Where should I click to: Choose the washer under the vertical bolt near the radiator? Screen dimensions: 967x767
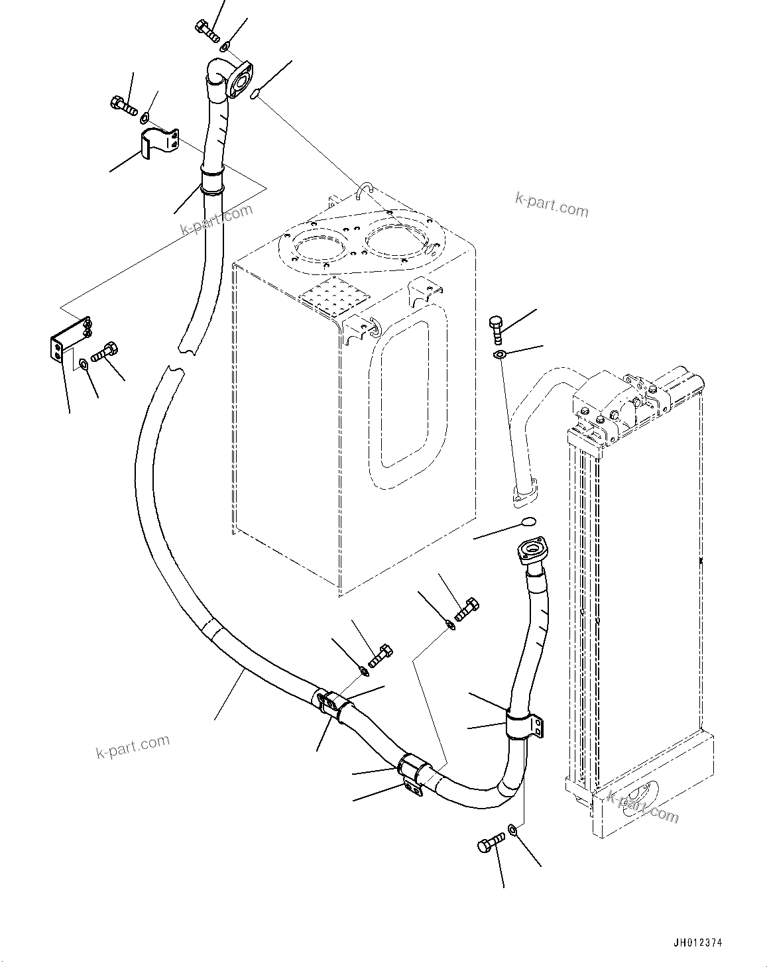point(499,355)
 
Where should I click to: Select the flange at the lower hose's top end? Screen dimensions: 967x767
point(533,552)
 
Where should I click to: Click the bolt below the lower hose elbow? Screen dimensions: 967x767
point(491,845)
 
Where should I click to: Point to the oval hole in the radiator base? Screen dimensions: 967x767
point(640,793)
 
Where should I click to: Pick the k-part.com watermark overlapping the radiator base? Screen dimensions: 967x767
point(642,806)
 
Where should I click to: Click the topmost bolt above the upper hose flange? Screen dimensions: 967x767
point(207,29)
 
